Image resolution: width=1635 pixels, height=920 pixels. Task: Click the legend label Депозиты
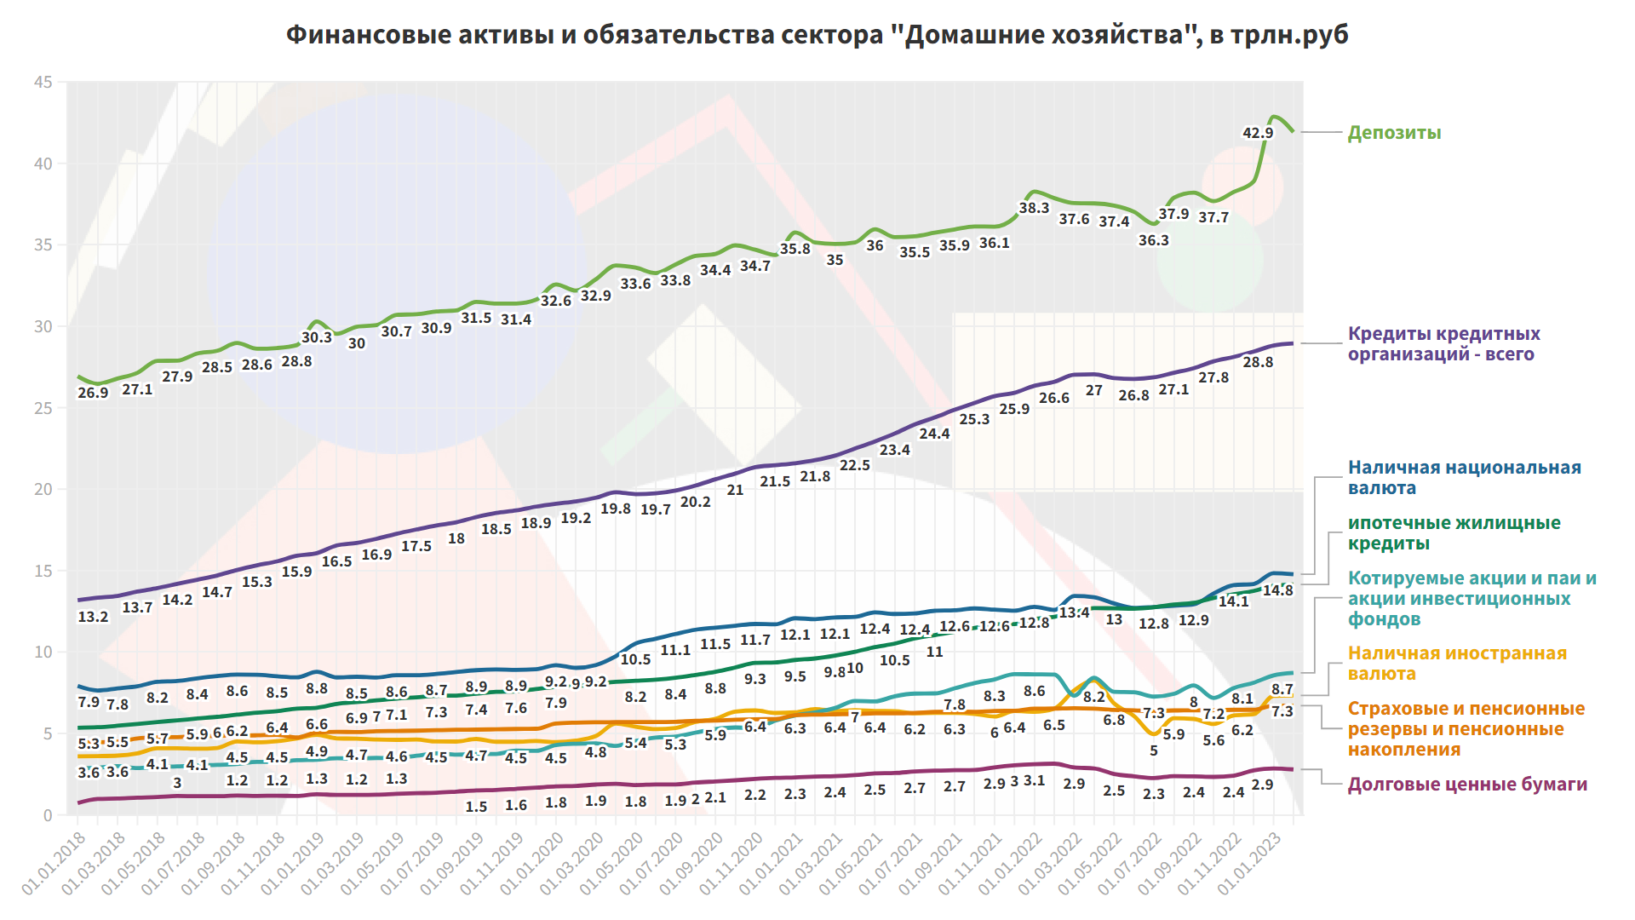pos(1394,133)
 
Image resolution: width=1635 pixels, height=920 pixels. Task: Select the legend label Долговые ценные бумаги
pos(1466,785)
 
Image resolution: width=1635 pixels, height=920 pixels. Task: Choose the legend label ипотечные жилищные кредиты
pos(1454,533)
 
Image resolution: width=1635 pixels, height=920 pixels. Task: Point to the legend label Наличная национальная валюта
pos(1464,478)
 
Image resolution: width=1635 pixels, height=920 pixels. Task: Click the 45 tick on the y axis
pos(43,83)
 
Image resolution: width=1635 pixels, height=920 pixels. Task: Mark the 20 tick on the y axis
pos(43,490)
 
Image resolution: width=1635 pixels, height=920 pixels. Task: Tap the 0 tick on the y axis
pos(48,815)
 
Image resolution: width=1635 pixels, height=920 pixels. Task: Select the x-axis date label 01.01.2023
pos(1249,863)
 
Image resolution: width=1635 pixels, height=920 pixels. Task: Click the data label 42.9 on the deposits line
pos(1258,133)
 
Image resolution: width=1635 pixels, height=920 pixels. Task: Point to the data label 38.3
pos(1034,208)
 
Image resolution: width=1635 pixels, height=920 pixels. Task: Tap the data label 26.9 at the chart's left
pos(93,393)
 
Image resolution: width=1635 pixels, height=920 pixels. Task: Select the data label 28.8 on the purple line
pos(1258,362)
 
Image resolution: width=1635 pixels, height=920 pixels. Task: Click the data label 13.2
pos(93,617)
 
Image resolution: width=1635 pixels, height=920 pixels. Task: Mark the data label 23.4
pos(894,450)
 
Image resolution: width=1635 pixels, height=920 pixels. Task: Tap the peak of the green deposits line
pos(1274,117)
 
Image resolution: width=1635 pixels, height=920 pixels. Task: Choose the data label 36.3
pos(1154,240)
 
